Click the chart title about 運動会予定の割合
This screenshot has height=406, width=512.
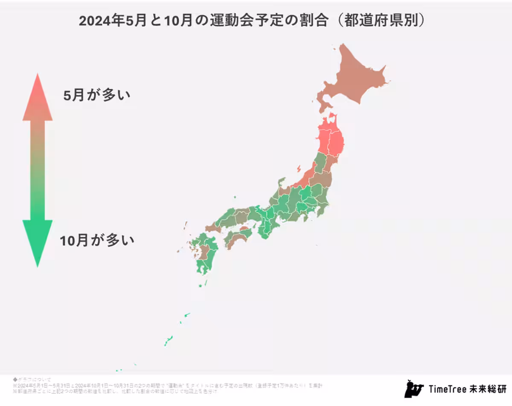252,21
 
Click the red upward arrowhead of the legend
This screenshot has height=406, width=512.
38,98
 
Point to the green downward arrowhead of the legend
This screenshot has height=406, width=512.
38,241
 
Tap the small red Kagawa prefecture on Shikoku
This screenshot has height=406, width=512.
244,229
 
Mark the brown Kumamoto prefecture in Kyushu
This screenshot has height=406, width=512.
204,252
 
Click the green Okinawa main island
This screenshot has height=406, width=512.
168,340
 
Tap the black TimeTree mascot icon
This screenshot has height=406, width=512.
413,388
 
